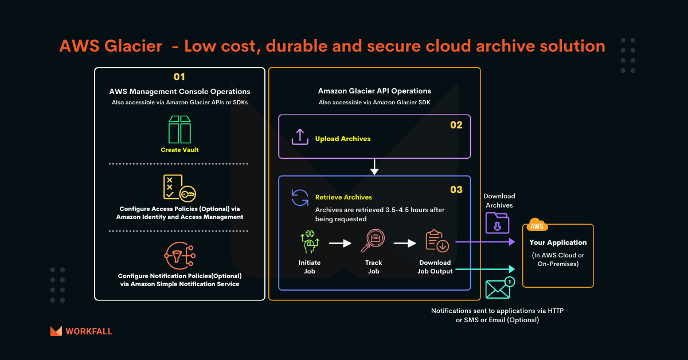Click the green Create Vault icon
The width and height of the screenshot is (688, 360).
[x=179, y=129]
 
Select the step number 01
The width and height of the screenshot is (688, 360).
[x=179, y=76]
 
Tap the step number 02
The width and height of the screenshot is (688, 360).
[x=456, y=124]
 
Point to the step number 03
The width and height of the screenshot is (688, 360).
[x=456, y=190]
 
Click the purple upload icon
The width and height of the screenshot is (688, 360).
[x=300, y=137]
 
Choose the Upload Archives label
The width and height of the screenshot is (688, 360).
[x=343, y=139]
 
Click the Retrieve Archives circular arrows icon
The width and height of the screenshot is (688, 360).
[x=300, y=197]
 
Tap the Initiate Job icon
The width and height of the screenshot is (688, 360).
[x=310, y=242]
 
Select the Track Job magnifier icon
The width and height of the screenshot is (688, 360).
[x=373, y=241]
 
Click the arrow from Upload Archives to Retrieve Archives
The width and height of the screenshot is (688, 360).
[x=374, y=167]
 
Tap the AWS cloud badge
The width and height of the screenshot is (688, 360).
[x=537, y=225]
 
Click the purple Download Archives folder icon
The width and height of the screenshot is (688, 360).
[x=497, y=222]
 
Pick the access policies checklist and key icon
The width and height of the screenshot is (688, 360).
[x=179, y=187]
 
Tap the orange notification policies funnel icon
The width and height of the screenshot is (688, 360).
[x=179, y=255]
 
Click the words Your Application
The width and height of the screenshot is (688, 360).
[x=558, y=242]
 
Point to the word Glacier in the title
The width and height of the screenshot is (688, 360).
[x=131, y=46]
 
